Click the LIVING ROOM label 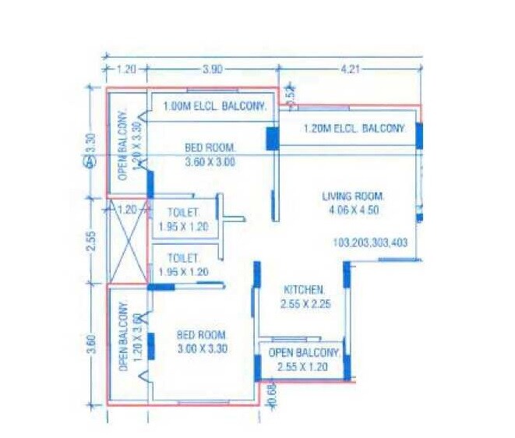tap(353, 196)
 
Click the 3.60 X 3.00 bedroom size tap(210, 162)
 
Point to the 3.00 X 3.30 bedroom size tap(201, 349)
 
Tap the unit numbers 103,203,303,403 tap(369, 242)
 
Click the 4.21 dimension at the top tap(351, 69)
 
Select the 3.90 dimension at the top tap(213, 69)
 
